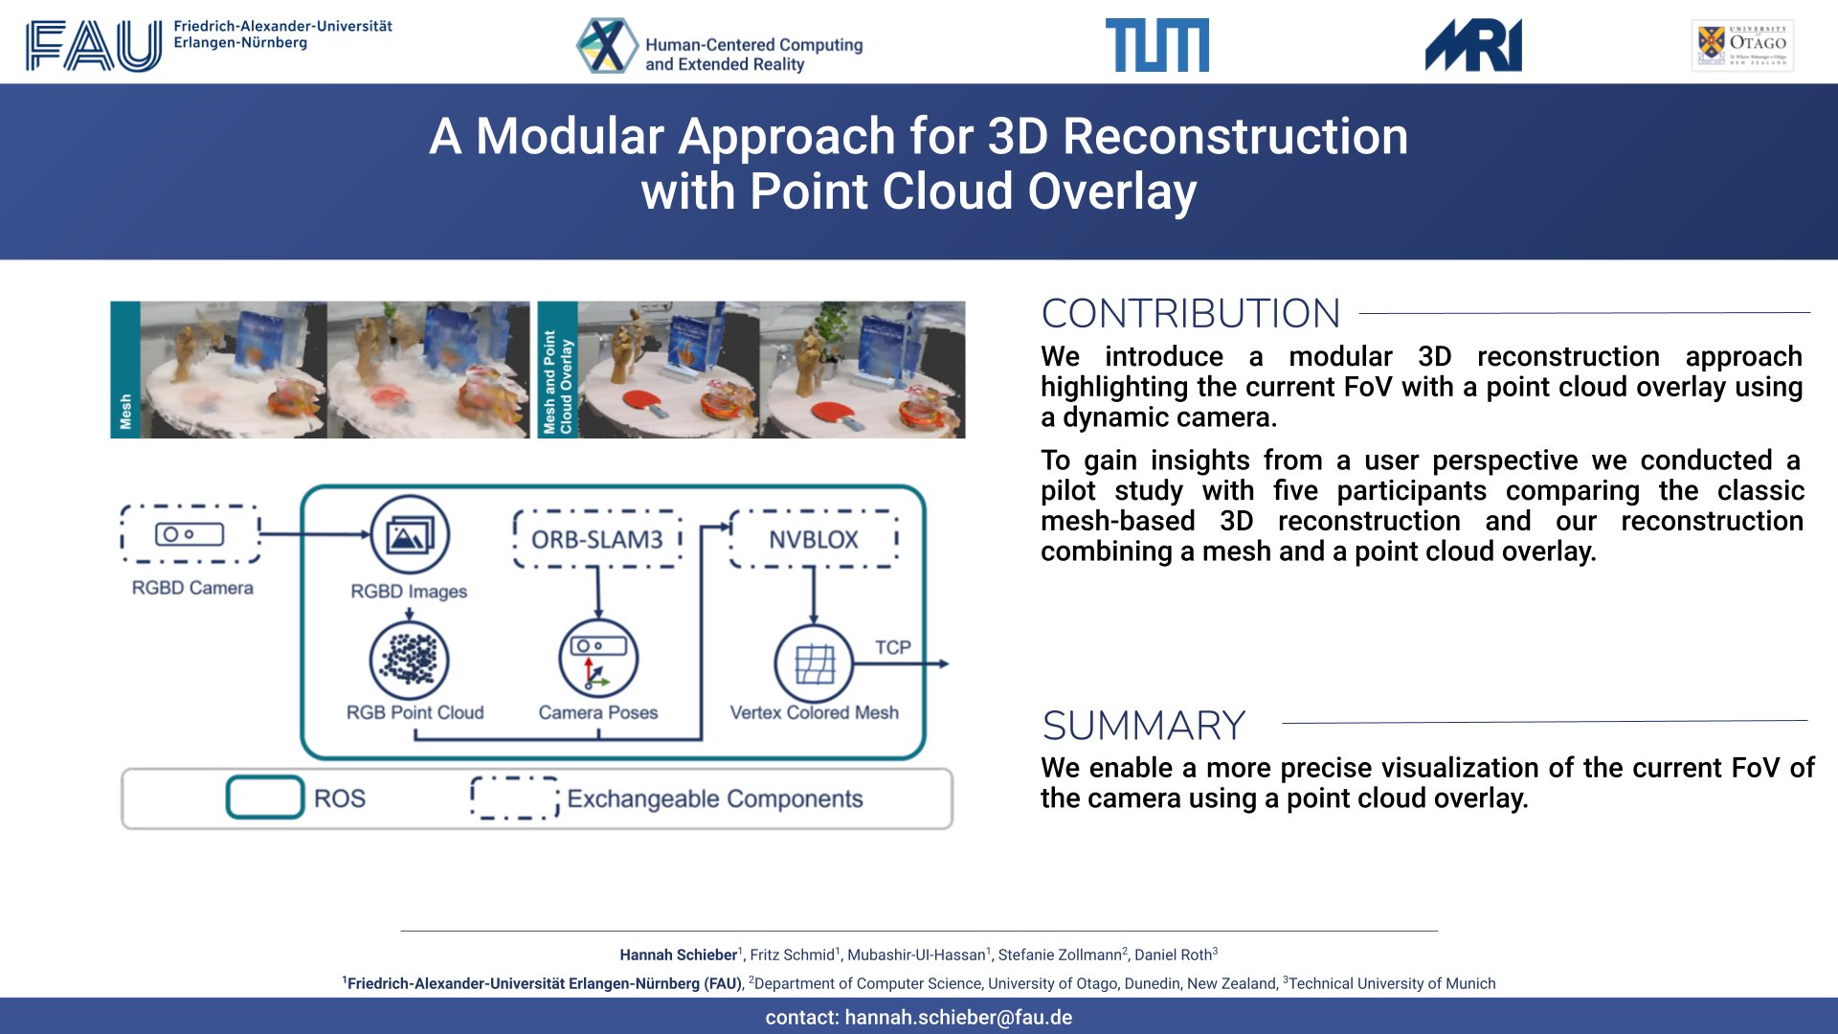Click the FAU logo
tap(94, 45)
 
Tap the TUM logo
tap(1156, 45)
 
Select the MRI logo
tap(1473, 45)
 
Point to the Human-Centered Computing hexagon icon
tap(606, 45)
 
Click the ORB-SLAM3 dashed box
tap(597, 539)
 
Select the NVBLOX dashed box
tap(814, 539)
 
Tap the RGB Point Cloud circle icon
tap(410, 660)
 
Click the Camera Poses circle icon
tap(598, 660)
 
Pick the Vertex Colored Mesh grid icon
tap(814, 663)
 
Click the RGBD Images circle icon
tap(410, 534)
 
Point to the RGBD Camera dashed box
tap(191, 534)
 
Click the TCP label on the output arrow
tap(892, 647)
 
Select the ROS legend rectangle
tap(265, 798)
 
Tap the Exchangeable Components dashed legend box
tap(514, 798)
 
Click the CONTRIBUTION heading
tap(1190, 313)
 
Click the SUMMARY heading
tap(1143, 726)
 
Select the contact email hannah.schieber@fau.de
tap(957, 1017)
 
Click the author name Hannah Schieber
tap(678, 955)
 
